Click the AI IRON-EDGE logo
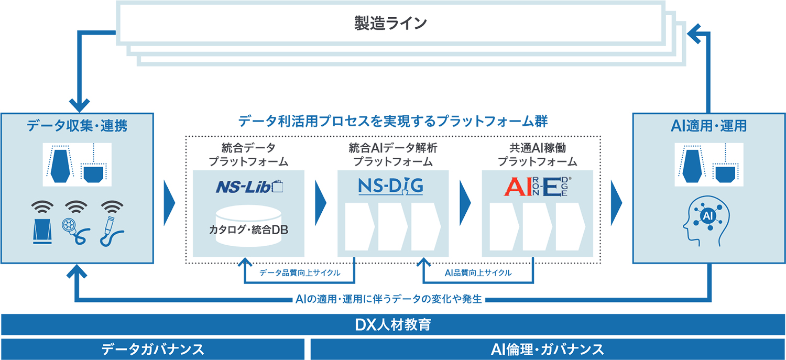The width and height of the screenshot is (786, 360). pos(538,187)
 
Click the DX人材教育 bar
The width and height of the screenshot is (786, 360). pos(393,325)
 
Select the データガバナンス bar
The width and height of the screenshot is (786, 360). pos(152,350)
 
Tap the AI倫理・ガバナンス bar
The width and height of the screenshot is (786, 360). pos(548,350)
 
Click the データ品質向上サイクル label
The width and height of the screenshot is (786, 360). pos(300,272)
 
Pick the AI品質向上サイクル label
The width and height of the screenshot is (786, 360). pos(478,272)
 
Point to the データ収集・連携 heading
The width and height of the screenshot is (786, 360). pos(77,126)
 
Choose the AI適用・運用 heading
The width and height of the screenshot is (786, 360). pos(709,126)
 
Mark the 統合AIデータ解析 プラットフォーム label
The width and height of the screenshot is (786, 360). pos(393,155)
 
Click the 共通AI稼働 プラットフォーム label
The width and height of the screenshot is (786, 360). pos(538,155)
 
